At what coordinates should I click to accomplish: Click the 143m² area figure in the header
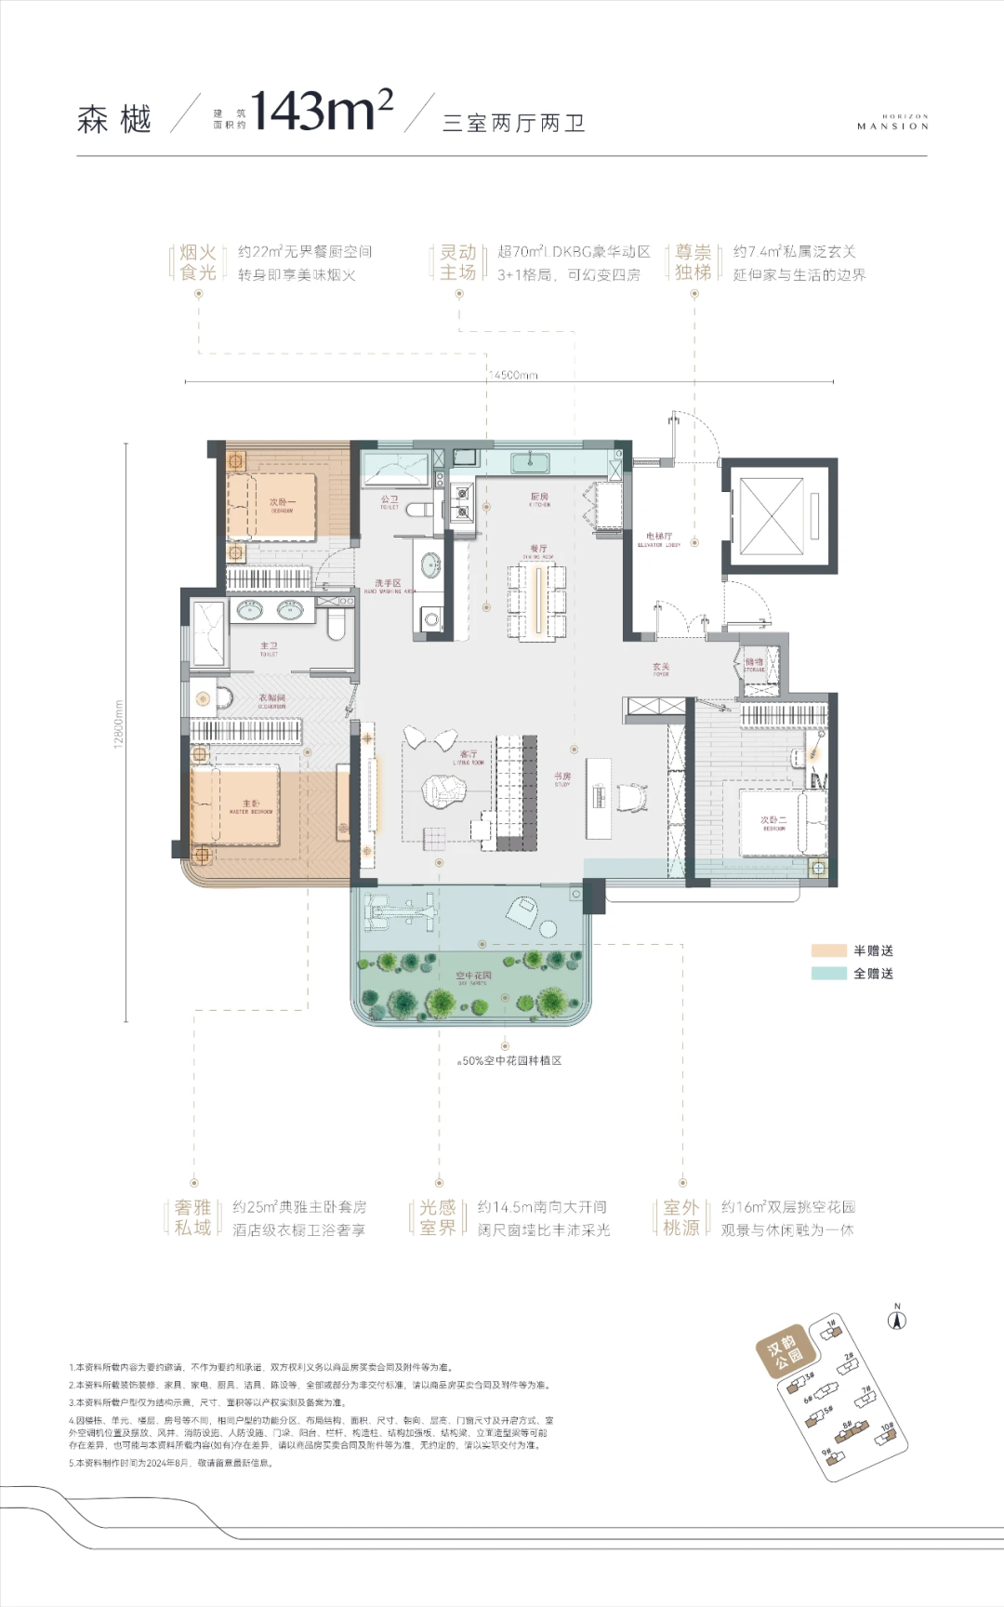pyautogui.click(x=321, y=113)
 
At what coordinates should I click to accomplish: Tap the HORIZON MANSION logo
pyautogui.click(x=892, y=123)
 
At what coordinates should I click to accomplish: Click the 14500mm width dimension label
pyautogui.click(x=513, y=375)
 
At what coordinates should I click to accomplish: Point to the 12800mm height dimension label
pyautogui.click(x=118, y=724)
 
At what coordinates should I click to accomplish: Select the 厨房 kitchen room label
pyautogui.click(x=539, y=499)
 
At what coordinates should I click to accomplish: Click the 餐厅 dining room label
pyautogui.click(x=538, y=551)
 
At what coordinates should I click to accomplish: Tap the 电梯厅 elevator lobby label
pyautogui.click(x=658, y=538)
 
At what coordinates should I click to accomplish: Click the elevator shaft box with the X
pyautogui.click(x=771, y=515)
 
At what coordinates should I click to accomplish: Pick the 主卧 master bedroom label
pyautogui.click(x=251, y=805)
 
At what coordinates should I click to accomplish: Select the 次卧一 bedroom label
pyautogui.click(x=282, y=504)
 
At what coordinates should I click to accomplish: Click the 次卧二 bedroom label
pyautogui.click(x=773, y=822)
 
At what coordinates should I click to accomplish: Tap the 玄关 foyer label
pyautogui.click(x=661, y=669)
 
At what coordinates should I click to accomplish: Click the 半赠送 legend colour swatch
pyautogui.click(x=828, y=950)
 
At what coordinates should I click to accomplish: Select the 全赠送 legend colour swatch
pyautogui.click(x=828, y=974)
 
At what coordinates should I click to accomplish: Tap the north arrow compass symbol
pyautogui.click(x=897, y=1320)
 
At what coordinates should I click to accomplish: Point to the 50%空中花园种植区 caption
pyautogui.click(x=510, y=1060)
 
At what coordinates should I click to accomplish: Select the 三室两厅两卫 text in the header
pyautogui.click(x=513, y=123)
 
